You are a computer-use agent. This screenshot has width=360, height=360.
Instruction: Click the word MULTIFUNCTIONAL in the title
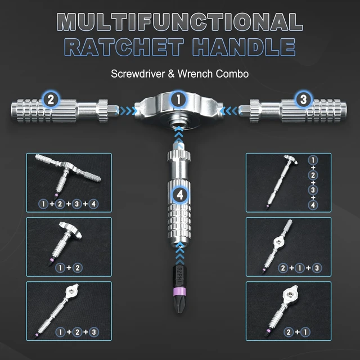(180, 22)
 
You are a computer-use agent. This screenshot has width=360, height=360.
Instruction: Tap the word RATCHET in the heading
(124, 47)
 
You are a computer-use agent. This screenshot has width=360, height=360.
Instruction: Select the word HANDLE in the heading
(244, 47)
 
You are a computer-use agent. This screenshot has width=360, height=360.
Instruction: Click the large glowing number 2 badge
(51, 100)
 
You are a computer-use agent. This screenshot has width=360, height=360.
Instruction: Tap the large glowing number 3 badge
(304, 100)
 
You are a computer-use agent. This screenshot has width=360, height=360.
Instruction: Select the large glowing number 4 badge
(180, 195)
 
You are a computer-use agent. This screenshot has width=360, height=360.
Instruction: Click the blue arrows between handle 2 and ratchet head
(126, 111)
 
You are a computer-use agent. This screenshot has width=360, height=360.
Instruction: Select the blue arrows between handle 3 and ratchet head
(231, 111)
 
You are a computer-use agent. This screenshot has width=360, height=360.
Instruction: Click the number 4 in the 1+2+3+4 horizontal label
(93, 204)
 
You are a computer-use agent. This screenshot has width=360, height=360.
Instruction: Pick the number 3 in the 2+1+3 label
(317, 268)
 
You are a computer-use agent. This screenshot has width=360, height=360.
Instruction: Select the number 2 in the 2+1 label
(289, 332)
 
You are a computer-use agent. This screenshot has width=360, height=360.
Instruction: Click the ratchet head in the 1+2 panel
(70, 229)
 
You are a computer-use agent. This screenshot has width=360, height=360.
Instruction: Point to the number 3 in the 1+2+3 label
(94, 332)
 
